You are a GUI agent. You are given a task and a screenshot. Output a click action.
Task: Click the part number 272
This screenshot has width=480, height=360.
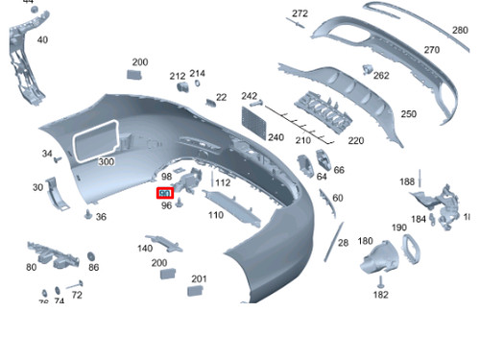coord(300,13)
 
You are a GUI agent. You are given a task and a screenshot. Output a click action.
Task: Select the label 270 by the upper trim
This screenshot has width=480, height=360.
coord(432,50)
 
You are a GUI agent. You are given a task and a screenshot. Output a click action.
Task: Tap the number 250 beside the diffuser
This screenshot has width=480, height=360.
coord(409,114)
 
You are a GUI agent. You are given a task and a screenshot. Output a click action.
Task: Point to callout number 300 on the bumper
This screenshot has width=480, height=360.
coord(106,162)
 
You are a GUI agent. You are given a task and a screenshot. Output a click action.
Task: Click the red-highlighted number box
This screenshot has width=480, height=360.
coord(165,194)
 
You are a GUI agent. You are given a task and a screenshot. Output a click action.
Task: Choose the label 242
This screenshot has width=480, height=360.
coord(250,96)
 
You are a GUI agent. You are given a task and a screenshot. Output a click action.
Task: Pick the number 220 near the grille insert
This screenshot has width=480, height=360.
coord(356,140)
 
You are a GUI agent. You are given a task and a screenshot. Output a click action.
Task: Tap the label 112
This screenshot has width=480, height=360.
coord(223,182)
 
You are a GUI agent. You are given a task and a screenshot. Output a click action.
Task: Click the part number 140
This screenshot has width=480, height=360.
coord(145,249)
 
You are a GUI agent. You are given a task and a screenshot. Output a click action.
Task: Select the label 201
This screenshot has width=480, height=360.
coord(199,279)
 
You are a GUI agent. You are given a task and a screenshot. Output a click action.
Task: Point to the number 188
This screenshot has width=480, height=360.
coord(408,181)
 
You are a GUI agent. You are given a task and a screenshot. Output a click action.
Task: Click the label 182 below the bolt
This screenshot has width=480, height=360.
coord(381,295)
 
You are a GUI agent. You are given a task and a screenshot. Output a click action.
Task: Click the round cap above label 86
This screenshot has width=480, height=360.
coord(92,256)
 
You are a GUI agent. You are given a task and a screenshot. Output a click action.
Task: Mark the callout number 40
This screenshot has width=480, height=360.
coord(42,40)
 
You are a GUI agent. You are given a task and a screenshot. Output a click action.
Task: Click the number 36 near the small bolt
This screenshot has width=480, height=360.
coord(101,217)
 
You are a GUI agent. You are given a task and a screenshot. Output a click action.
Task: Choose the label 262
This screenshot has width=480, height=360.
coord(381,76)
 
